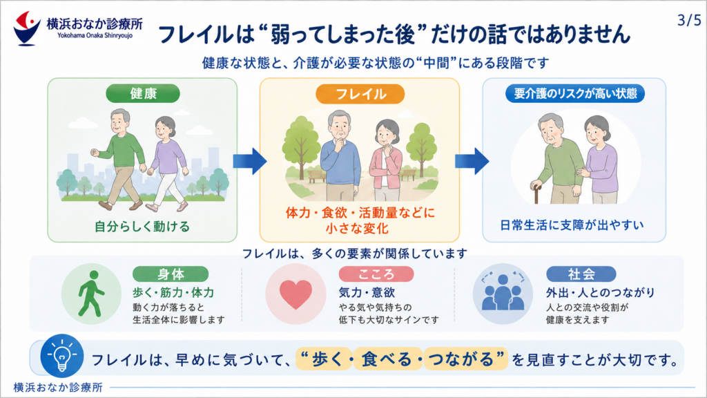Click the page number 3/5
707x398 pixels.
point(689,20)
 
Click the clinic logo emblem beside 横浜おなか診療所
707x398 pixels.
point(27,28)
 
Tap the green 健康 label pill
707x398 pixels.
point(143,93)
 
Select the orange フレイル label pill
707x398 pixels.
point(360,94)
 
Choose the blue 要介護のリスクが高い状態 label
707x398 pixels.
point(575,93)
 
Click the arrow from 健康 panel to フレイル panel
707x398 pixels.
point(250,161)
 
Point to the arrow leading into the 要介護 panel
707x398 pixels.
point(472,161)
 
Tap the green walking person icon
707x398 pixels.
point(91,294)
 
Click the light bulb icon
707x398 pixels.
point(61,356)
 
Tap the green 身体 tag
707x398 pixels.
point(171,274)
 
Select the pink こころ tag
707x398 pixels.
point(376,274)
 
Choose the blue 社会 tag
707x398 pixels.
point(581,274)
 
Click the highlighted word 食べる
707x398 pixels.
point(387,359)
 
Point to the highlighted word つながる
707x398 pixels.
point(461,359)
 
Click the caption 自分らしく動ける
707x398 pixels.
point(142,226)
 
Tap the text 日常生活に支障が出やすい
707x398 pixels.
point(572,225)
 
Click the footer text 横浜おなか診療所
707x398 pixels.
point(58,387)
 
